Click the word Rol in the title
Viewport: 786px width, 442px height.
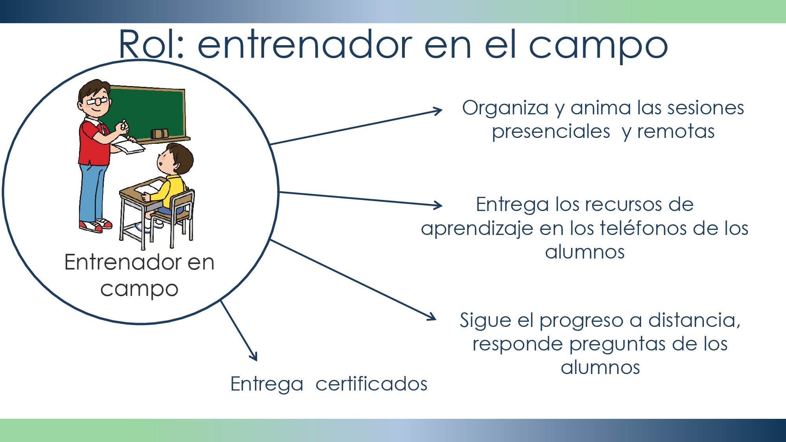pyautogui.click(x=151, y=44)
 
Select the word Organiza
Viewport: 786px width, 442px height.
pyautogui.click(x=505, y=108)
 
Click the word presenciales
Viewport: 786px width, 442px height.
pyautogui.click(x=551, y=132)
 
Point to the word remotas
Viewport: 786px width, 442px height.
pyautogui.click(x=676, y=132)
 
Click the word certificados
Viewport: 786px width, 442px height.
pyautogui.click(x=371, y=384)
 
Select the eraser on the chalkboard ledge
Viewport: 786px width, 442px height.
pyautogui.click(x=160, y=134)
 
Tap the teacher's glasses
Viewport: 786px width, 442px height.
pyautogui.click(x=97, y=101)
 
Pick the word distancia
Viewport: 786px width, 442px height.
pyautogui.click(x=694, y=321)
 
